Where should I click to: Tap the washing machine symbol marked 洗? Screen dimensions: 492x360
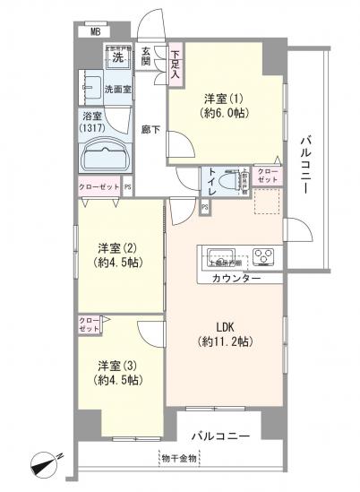coord(118,59)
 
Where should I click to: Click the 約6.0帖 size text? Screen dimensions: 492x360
coord(226,115)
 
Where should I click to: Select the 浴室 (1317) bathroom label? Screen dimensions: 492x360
coord(93,122)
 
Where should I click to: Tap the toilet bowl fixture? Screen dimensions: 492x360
coord(236,182)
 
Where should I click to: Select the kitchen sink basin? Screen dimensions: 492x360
coord(219,254)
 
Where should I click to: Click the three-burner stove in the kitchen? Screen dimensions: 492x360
coord(264,255)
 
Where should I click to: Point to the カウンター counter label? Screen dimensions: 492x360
coord(236,280)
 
